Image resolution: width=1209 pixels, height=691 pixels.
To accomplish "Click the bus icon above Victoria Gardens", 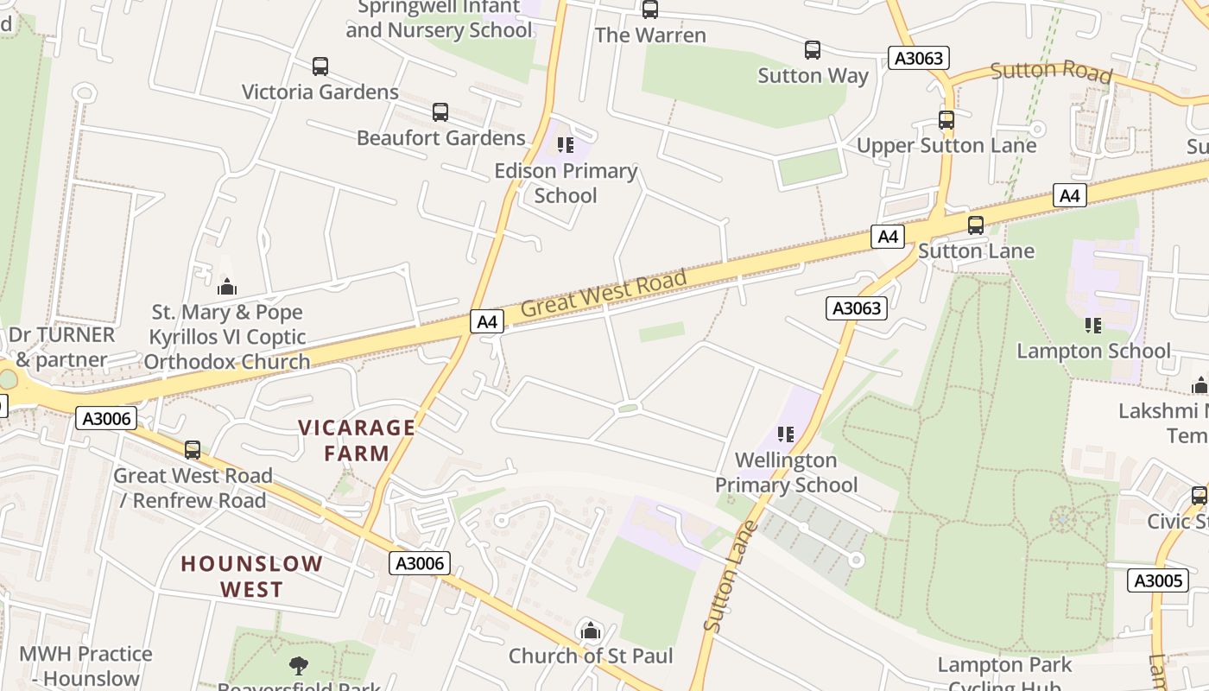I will [x=320, y=67].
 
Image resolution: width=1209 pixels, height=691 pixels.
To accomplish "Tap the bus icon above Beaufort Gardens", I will [x=440, y=112].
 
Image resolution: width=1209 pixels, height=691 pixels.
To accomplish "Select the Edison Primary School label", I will [x=566, y=183].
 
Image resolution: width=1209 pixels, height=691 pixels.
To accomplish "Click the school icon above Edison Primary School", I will [x=566, y=144].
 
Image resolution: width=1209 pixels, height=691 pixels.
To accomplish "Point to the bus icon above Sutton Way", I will [x=813, y=50].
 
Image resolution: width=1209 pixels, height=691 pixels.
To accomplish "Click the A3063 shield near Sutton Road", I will [x=919, y=58].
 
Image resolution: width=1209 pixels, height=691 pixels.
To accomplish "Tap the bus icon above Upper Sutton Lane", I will [x=946, y=120].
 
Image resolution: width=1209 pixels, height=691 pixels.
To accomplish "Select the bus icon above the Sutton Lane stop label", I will [x=976, y=225].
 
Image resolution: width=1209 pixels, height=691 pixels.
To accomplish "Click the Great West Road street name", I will [x=604, y=292].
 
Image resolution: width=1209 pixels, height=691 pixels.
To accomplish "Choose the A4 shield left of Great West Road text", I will [x=488, y=321].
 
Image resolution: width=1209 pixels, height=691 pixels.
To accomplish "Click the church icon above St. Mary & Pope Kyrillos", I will [x=227, y=286].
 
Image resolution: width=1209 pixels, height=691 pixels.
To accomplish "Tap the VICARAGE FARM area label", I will [x=357, y=440].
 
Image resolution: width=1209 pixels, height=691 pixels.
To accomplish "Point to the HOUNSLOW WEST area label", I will [x=251, y=576].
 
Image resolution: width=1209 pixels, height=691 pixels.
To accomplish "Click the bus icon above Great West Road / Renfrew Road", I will [x=193, y=450].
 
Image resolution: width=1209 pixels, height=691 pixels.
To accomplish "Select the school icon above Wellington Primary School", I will [x=785, y=434].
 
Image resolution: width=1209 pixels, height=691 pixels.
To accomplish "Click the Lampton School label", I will [x=1093, y=351].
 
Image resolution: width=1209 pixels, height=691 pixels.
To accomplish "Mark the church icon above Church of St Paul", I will [x=591, y=631].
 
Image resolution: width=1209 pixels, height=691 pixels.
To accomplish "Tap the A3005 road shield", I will [x=1157, y=580].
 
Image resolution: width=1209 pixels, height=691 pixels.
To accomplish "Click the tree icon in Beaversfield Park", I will [x=299, y=666].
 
